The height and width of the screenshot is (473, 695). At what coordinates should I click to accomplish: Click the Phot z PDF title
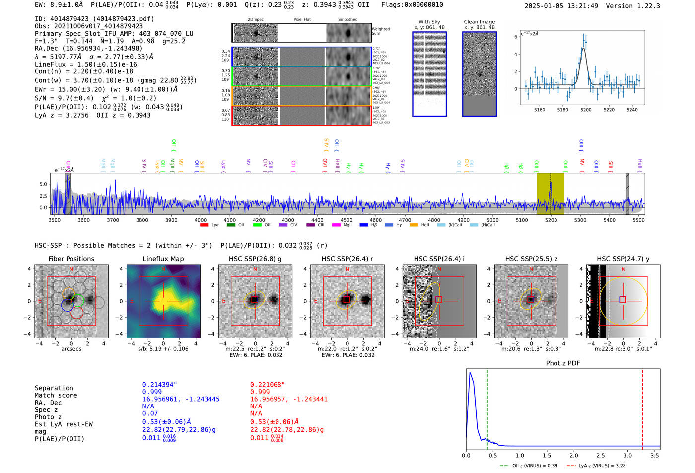coord(563,363)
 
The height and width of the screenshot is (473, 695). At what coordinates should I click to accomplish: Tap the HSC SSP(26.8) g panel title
coord(255,259)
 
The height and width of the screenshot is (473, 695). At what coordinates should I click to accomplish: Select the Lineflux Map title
coord(163,259)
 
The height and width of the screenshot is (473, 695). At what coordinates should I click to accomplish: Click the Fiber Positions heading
coord(71,259)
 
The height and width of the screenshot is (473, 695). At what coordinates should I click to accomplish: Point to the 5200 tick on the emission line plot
coord(586,110)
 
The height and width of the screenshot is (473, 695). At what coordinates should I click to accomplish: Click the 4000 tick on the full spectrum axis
coord(201,220)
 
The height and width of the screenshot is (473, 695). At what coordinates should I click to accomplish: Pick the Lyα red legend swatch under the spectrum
coord(204,225)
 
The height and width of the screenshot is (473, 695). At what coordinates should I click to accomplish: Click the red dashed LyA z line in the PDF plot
coord(642,407)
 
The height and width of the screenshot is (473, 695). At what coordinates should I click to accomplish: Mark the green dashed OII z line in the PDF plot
coord(487,407)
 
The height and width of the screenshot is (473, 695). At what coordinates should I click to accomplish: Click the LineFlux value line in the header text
coord(85,65)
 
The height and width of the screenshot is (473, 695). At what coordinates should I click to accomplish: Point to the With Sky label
coord(429,22)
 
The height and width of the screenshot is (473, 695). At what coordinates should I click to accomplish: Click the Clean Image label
coord(479,22)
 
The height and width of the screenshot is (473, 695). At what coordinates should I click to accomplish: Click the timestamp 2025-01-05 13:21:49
coord(561,6)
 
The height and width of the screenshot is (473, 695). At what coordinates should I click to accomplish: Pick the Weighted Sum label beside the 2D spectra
coord(380,31)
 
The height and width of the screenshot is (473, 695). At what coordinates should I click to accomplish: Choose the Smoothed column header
coord(347,20)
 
